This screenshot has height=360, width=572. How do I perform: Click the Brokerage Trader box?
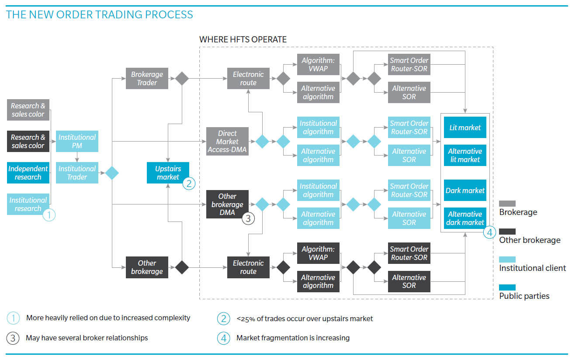tap(147, 79)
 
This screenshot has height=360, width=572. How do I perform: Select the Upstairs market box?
tap(168, 173)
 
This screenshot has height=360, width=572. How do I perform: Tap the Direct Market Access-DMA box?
tap(227, 142)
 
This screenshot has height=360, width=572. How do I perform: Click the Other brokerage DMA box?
tap(227, 204)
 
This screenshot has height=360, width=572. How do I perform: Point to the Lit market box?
tap(465, 128)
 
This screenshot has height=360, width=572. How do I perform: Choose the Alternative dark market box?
tap(465, 218)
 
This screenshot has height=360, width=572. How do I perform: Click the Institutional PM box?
tap(77, 141)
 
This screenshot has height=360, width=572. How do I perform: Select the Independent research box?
tap(28, 173)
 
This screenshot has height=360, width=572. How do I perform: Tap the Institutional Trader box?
tap(77, 173)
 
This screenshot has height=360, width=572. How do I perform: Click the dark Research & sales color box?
tap(28, 141)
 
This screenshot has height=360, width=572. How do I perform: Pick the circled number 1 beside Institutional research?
tap(49, 215)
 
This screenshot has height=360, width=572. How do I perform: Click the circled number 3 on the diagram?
tap(248, 218)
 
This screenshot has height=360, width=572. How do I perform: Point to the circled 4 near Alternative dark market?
tap(490, 232)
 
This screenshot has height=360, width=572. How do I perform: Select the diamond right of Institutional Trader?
tap(112, 173)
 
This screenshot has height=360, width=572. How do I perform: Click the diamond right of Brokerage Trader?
tap(182, 79)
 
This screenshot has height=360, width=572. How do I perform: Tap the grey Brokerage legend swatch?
tap(507, 204)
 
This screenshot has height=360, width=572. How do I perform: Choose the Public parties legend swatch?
tap(507, 287)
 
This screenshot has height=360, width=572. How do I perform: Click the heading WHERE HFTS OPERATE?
tap(243, 40)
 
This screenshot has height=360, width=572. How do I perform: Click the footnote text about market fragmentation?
tap(293, 338)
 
